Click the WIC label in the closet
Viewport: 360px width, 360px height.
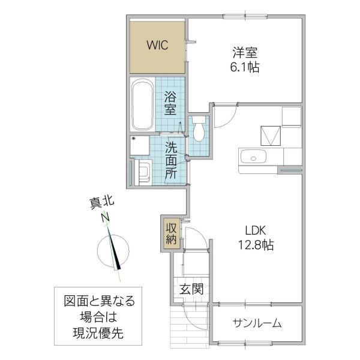pos(157,45)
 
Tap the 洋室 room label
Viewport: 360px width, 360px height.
pos(245,53)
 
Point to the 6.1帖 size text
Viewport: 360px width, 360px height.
pos(245,67)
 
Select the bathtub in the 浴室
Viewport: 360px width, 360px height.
pos(143,104)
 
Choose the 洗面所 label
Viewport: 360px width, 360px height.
pos(171,160)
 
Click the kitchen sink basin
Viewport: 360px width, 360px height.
pos(253,157)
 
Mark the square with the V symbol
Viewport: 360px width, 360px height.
pos(271,136)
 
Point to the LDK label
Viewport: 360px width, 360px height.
pos(256,230)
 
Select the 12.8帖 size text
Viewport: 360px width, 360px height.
pos(256,245)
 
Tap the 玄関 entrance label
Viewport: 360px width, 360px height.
pos(191,289)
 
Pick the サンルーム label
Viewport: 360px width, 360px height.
pos(257,323)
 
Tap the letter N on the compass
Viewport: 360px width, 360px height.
pos(106,217)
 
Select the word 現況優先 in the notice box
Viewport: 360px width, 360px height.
pos(98,333)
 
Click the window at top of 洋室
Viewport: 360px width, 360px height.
pos(245,16)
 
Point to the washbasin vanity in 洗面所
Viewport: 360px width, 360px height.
pos(143,172)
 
